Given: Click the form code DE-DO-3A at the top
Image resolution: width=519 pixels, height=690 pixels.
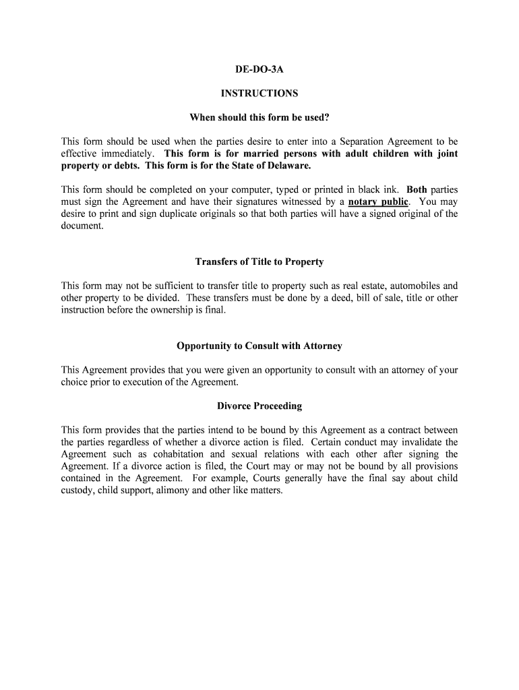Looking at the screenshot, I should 259,69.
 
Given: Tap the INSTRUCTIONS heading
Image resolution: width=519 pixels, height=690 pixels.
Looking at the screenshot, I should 259,93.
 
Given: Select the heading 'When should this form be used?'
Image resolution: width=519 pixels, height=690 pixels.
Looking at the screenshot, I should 259,117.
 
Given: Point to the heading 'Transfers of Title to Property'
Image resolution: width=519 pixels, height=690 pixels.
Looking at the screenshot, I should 259,261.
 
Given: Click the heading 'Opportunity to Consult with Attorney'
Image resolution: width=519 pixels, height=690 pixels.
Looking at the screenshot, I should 259,346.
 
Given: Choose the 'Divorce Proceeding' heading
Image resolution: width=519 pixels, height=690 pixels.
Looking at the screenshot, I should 259,406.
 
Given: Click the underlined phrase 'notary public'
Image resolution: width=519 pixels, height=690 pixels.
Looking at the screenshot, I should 379,201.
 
